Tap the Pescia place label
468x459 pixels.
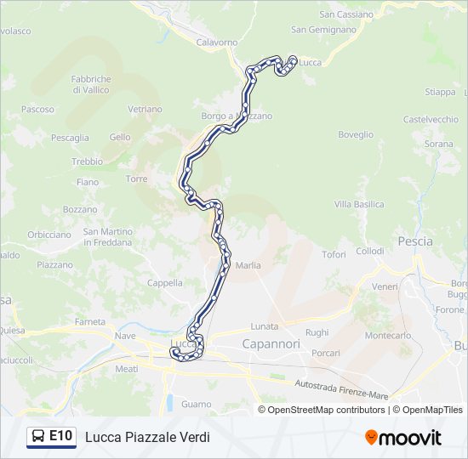click(414, 241)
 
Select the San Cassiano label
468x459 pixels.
click(345, 14)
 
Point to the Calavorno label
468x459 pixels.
click(217, 42)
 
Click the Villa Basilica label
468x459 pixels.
click(358, 205)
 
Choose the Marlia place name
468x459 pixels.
click(248, 266)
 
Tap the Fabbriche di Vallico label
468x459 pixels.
click(91, 84)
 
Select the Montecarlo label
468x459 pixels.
click(388, 336)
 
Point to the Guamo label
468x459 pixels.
click(196, 405)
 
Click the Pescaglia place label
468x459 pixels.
click(70, 138)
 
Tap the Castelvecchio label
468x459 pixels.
click(431, 120)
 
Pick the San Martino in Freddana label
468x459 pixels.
click(107, 236)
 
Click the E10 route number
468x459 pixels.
click(60, 436)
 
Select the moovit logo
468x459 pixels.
click(403, 438)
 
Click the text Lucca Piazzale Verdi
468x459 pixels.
click(147, 437)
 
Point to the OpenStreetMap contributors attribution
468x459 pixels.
click(326, 410)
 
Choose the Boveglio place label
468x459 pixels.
click(356, 134)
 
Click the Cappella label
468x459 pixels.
click(165, 283)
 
